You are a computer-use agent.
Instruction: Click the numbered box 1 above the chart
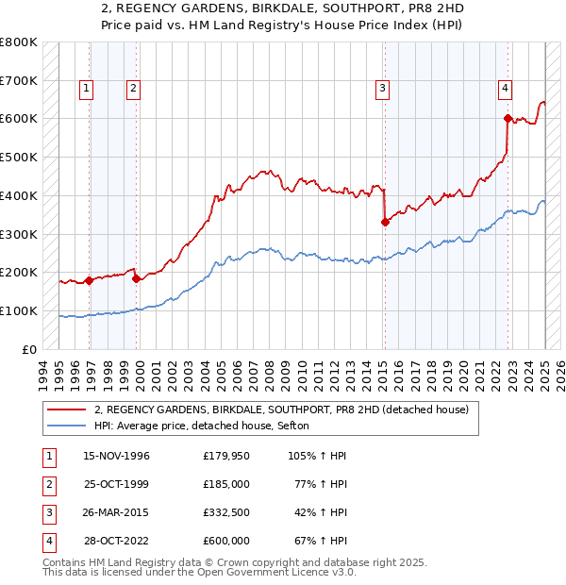pyautogui.click(x=86, y=89)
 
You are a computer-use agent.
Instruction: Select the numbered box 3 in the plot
pyautogui.click(x=383, y=89)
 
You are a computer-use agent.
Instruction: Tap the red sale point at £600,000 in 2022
pyautogui.click(x=508, y=119)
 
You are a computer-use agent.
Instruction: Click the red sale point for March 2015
pyautogui.click(x=385, y=222)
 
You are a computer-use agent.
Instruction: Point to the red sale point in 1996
pyautogui.click(x=89, y=280)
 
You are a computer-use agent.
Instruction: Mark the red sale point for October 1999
pyautogui.click(x=136, y=278)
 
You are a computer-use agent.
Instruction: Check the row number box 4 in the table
pyautogui.click(x=48, y=541)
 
